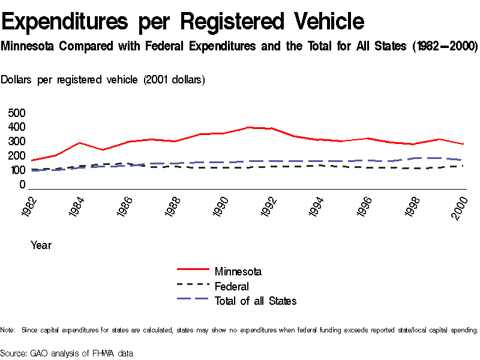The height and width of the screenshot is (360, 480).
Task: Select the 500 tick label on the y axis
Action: (x=17, y=113)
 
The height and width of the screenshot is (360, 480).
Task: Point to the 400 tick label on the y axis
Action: (x=17, y=127)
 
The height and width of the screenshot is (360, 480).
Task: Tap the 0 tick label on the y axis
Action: (x=22, y=185)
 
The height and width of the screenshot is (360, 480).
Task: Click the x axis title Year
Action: (x=41, y=245)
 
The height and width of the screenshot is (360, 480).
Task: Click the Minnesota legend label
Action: (x=238, y=272)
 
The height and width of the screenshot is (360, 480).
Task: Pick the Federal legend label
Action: (x=232, y=286)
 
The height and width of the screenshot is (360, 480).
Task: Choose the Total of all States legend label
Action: (x=256, y=301)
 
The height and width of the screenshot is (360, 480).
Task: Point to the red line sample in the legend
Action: (x=193, y=271)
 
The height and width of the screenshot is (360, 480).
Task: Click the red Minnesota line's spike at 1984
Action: (x=80, y=143)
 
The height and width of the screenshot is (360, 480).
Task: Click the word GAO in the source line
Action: (x=38, y=353)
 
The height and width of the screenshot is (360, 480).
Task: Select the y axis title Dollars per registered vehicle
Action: (x=103, y=80)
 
